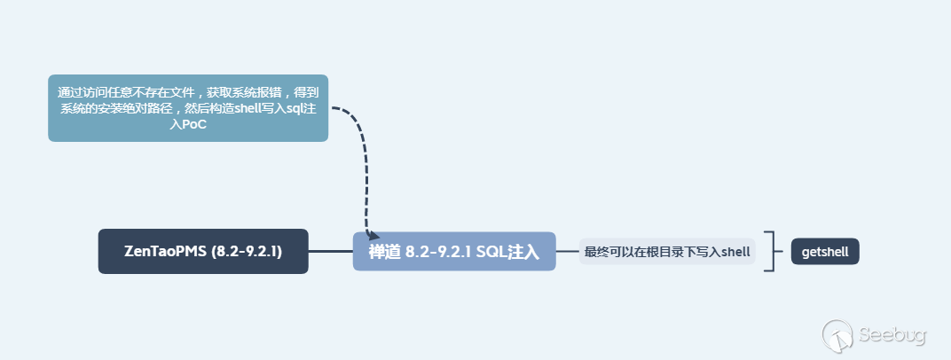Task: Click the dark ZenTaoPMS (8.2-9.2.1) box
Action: click(x=203, y=251)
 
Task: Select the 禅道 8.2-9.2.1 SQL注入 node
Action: click(x=454, y=251)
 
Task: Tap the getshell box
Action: click(x=825, y=252)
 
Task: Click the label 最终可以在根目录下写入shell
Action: click(x=667, y=252)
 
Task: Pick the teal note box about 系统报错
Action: click(x=188, y=108)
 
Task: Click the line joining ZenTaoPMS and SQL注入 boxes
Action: click(x=330, y=251)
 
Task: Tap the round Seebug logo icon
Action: click(x=838, y=336)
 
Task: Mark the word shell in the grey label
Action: click(x=735, y=252)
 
